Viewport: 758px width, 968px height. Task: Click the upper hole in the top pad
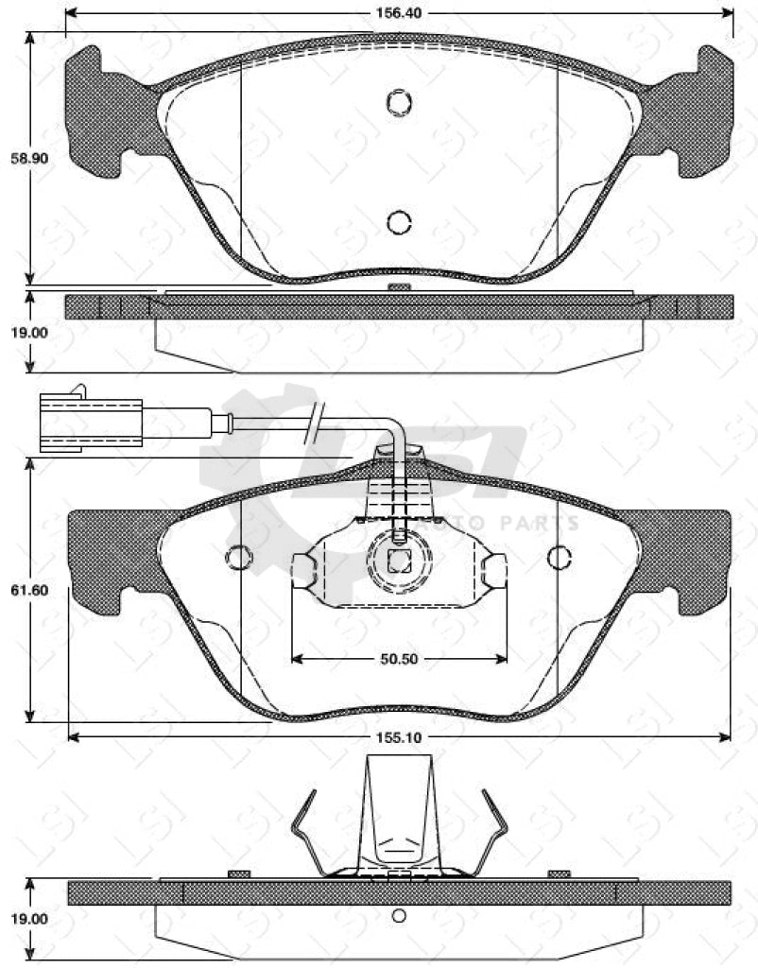coord(399,101)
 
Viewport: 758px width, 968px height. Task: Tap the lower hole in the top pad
coord(399,222)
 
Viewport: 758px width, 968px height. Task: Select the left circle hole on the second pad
coord(239,559)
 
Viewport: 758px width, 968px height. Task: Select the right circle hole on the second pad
coord(560,559)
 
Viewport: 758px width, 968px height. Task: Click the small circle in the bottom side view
coord(399,914)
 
